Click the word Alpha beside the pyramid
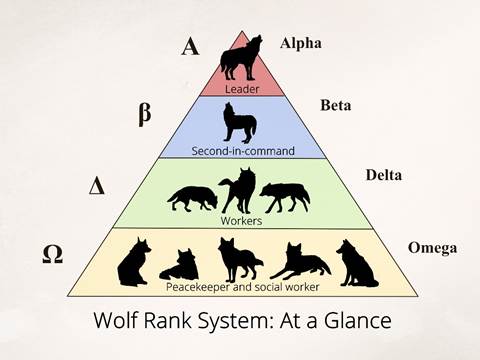pos(301,44)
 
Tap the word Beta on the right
pos(336,105)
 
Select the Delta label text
pos(384,175)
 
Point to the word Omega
pos(432,248)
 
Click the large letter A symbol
pos(190,46)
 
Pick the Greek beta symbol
pos(145,113)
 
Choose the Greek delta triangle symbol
pos(97,185)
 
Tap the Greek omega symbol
pos(53,255)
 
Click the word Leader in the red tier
pos(242,89)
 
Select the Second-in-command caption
pos(243,151)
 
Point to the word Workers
pos(241,221)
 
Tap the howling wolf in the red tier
pos(241,57)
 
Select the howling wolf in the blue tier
pos(240,123)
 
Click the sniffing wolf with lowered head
pos(193,199)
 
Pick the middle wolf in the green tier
pos(238,190)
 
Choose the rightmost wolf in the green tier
pos(285,197)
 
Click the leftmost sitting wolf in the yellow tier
pos(134,262)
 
